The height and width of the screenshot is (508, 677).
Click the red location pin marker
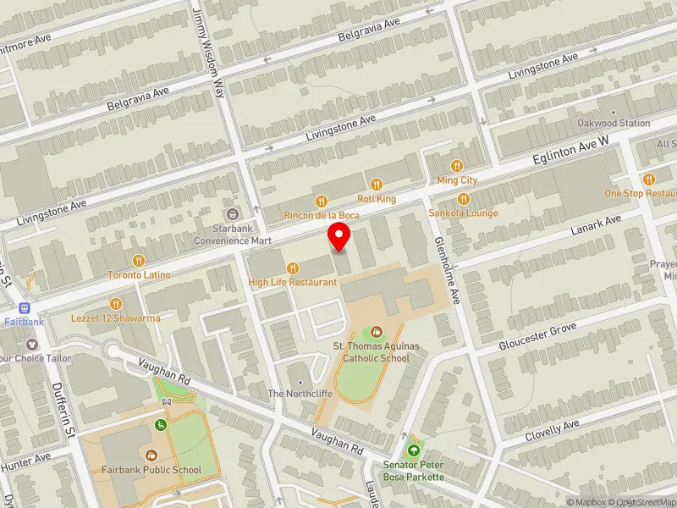[339, 237]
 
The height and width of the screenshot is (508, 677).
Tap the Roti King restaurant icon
[377, 184]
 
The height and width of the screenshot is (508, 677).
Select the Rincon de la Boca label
[322, 216]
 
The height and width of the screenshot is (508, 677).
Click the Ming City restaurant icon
[457, 166]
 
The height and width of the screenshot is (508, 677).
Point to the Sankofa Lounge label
[463, 213]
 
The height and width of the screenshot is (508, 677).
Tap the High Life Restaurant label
[292, 282]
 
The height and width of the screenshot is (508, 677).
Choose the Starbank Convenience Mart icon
[233, 213]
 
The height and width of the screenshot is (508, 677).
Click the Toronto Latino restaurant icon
[139, 261]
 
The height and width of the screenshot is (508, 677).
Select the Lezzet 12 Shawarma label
[116, 318]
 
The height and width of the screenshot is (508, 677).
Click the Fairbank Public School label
[152, 471]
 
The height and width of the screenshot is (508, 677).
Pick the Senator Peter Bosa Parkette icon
[414, 450]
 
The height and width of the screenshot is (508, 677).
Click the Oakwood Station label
[614, 123]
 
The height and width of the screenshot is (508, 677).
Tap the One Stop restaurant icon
[649, 179]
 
